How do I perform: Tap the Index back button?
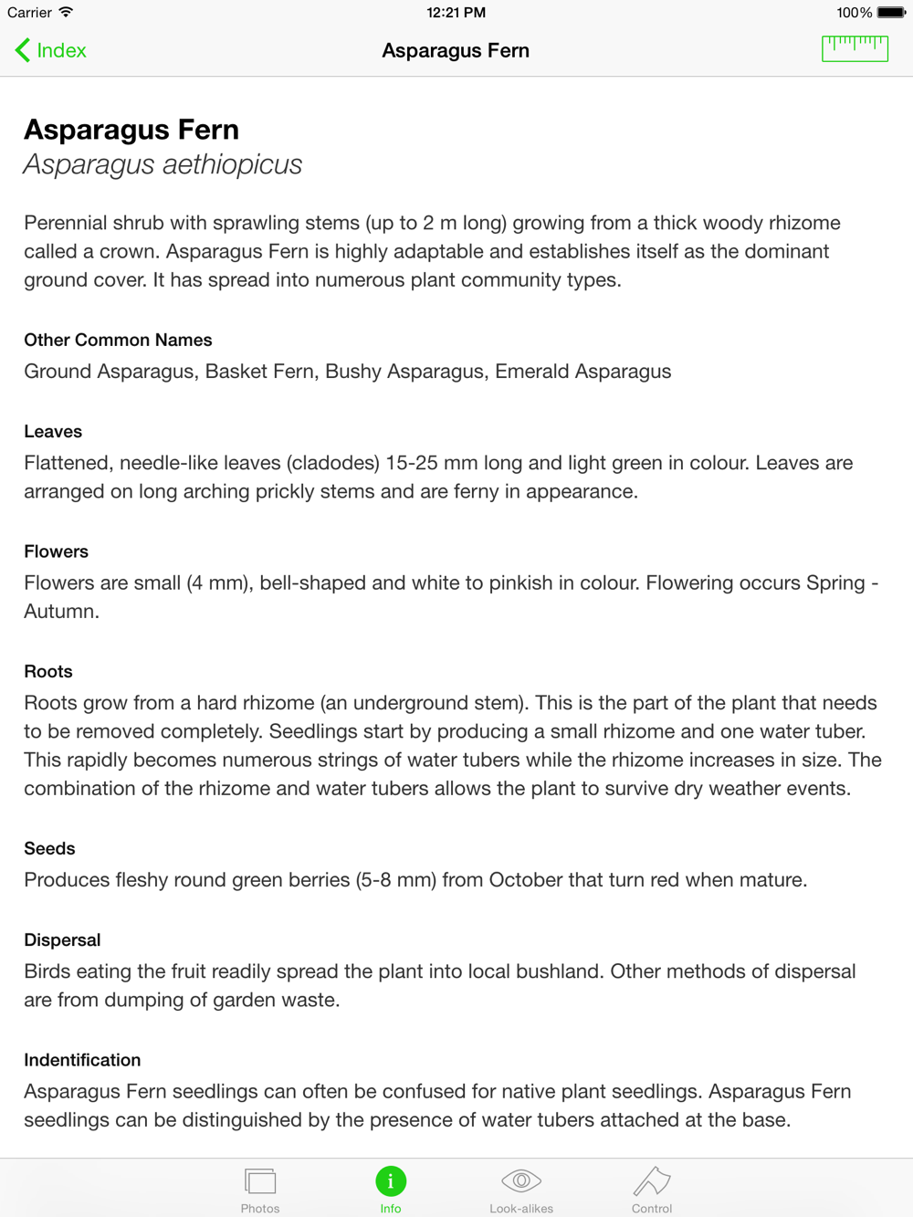click(x=51, y=50)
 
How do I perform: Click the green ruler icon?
click(x=855, y=48)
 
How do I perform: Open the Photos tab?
click(x=260, y=1189)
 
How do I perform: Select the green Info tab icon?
click(x=391, y=1181)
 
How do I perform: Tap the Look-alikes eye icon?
click(x=521, y=1181)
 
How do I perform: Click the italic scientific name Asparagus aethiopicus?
click(x=163, y=164)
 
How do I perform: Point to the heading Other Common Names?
click(x=118, y=340)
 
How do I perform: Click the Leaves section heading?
click(x=53, y=431)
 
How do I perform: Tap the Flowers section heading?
click(x=56, y=551)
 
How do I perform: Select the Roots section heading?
click(x=47, y=671)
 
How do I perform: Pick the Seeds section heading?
click(x=49, y=848)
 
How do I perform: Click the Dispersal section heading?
click(x=62, y=939)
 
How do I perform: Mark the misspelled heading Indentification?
click(x=82, y=1060)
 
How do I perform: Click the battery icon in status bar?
click(x=890, y=13)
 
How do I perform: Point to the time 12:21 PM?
click(x=456, y=13)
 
